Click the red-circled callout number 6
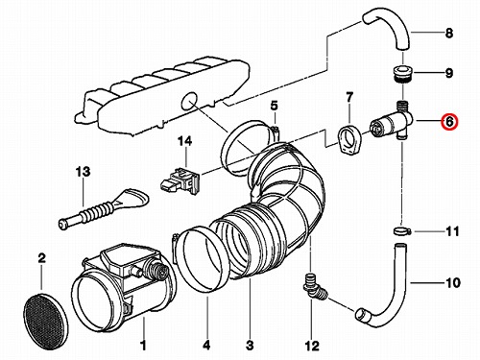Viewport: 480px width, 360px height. (449, 122)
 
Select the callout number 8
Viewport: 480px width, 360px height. (449, 33)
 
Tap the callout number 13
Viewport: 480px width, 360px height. (83, 172)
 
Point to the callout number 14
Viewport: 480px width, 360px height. (184, 141)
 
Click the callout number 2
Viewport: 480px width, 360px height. (41, 258)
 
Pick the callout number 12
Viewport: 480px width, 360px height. (312, 346)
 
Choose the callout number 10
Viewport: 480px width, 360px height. (453, 283)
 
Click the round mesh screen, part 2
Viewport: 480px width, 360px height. (45, 321)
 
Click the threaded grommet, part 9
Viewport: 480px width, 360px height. (403, 74)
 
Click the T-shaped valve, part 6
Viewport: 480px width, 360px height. (392, 122)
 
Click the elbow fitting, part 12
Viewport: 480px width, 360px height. (314, 288)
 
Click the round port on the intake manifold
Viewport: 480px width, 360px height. (189, 101)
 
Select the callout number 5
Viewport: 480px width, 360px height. (275, 106)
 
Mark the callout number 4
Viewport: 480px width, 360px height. (206, 346)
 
